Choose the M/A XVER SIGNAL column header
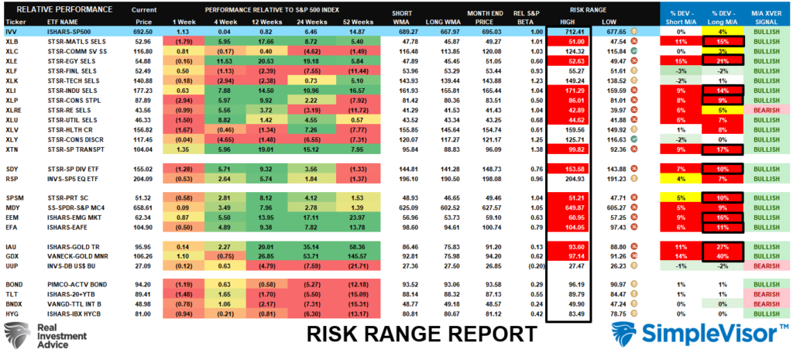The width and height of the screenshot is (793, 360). coord(764,17)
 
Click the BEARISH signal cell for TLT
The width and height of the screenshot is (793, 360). coord(764,295)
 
